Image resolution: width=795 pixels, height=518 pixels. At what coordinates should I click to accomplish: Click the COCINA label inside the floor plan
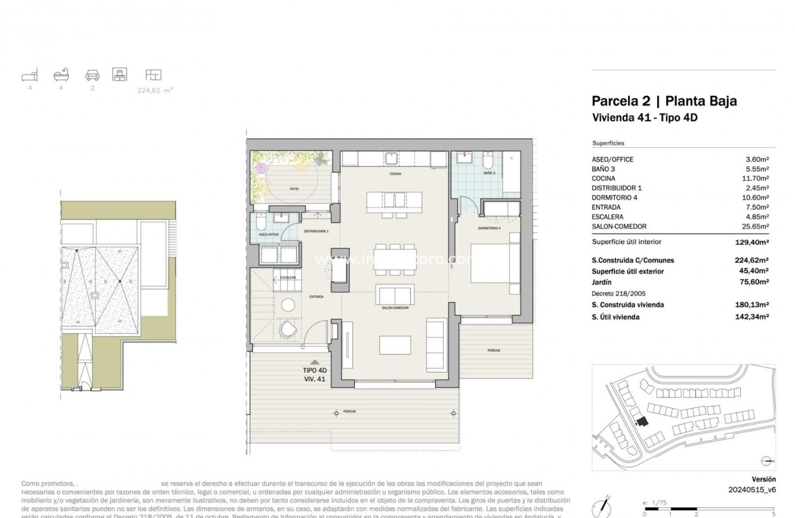point(395,174)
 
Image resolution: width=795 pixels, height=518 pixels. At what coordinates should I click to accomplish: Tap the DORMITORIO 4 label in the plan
point(490,228)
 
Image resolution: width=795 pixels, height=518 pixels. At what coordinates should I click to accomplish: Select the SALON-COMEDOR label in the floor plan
point(395,308)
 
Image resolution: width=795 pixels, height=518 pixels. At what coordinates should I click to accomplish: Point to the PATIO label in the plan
point(294,189)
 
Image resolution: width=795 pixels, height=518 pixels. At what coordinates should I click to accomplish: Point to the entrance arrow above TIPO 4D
point(314,362)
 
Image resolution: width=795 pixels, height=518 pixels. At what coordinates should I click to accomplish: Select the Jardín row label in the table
point(602,282)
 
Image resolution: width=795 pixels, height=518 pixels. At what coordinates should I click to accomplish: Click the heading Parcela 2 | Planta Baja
point(664,101)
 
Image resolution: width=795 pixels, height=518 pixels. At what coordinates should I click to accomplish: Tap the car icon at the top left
point(92,75)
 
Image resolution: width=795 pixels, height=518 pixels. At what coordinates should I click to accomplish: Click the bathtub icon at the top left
point(61,75)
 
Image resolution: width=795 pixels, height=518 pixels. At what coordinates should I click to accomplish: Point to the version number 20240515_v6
point(752,490)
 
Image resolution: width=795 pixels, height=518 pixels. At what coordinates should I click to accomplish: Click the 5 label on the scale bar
point(774,514)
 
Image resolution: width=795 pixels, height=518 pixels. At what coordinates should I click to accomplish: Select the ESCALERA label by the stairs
point(288,277)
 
